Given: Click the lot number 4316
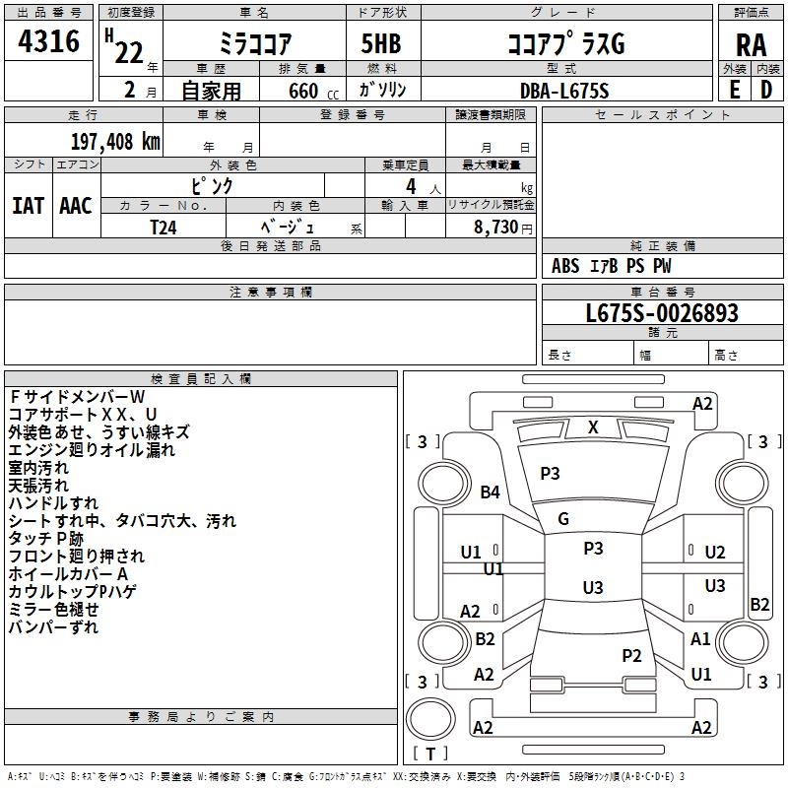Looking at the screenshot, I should [x=48, y=41].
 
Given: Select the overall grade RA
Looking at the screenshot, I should [x=751, y=44].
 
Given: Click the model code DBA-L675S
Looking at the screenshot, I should [x=564, y=90].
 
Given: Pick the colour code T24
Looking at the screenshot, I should [x=164, y=226].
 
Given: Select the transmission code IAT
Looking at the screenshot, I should [x=28, y=206].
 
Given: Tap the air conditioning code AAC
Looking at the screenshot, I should [x=76, y=206].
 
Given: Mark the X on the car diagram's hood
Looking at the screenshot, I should [x=593, y=427].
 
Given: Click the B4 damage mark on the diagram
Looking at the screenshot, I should [x=490, y=492].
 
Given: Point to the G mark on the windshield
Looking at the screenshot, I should [x=563, y=519].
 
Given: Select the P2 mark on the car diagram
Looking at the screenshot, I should [x=631, y=655].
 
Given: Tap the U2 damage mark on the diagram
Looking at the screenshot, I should [x=715, y=553].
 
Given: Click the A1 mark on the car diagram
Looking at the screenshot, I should [x=700, y=639].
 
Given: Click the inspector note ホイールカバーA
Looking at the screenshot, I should [x=68, y=574].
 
